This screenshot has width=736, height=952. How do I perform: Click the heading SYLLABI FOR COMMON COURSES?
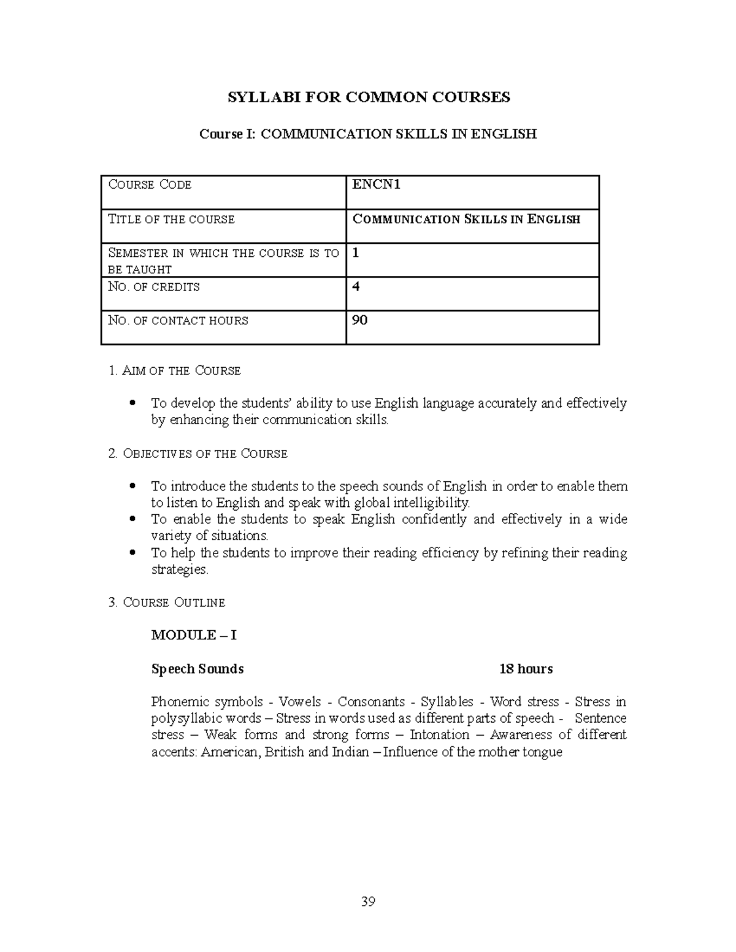coord(369,97)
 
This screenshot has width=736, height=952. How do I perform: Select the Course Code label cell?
coord(150,185)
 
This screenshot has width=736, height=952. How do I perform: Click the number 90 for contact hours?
coord(359,320)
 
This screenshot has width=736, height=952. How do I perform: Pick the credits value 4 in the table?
coord(356,286)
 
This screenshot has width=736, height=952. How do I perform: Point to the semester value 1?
coord(356,253)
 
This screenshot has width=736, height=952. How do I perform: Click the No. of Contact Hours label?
coord(178,321)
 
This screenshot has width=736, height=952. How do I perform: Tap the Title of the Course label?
coord(171,219)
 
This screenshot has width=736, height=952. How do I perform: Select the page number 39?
coord(368,902)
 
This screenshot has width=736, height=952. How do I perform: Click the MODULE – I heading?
coord(194,635)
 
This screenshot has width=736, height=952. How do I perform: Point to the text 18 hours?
coord(526,669)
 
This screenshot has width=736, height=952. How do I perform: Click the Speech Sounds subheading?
coord(197,669)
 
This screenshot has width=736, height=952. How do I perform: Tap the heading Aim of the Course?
coord(174,371)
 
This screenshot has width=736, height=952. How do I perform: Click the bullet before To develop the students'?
coord(132,403)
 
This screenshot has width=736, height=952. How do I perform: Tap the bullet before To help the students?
coord(132,553)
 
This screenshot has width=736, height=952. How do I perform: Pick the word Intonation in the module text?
coord(439,735)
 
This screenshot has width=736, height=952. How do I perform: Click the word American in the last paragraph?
coord(231,752)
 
